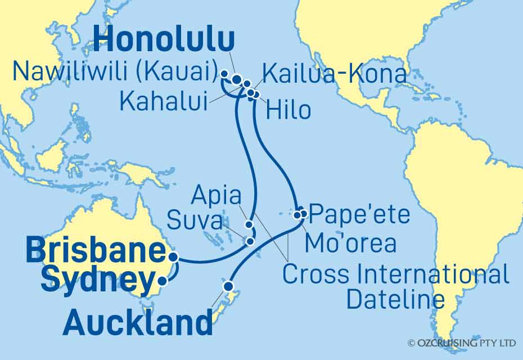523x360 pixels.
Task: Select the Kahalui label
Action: pos(162,102)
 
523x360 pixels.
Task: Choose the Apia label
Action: pos(217,196)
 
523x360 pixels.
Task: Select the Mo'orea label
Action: pos(350,244)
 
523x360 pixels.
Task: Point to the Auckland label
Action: pos(138,323)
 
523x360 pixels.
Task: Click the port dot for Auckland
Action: pos(228,286)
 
